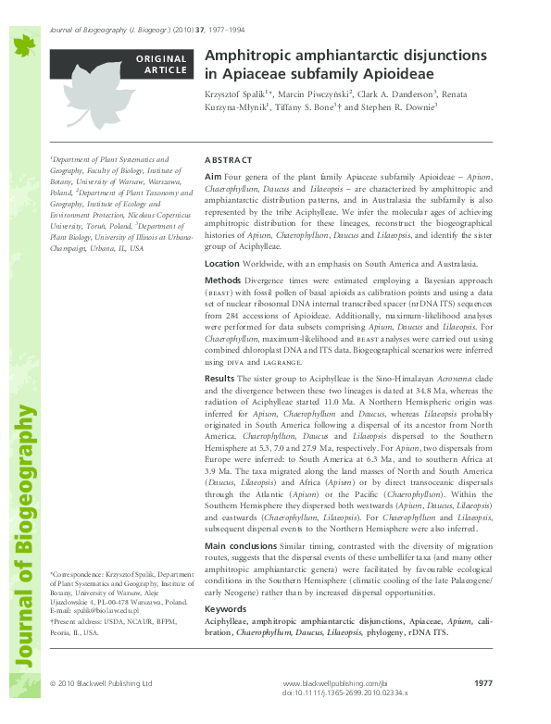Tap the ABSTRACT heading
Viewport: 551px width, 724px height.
click(227, 159)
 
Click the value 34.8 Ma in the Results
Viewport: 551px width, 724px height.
click(432, 417)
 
